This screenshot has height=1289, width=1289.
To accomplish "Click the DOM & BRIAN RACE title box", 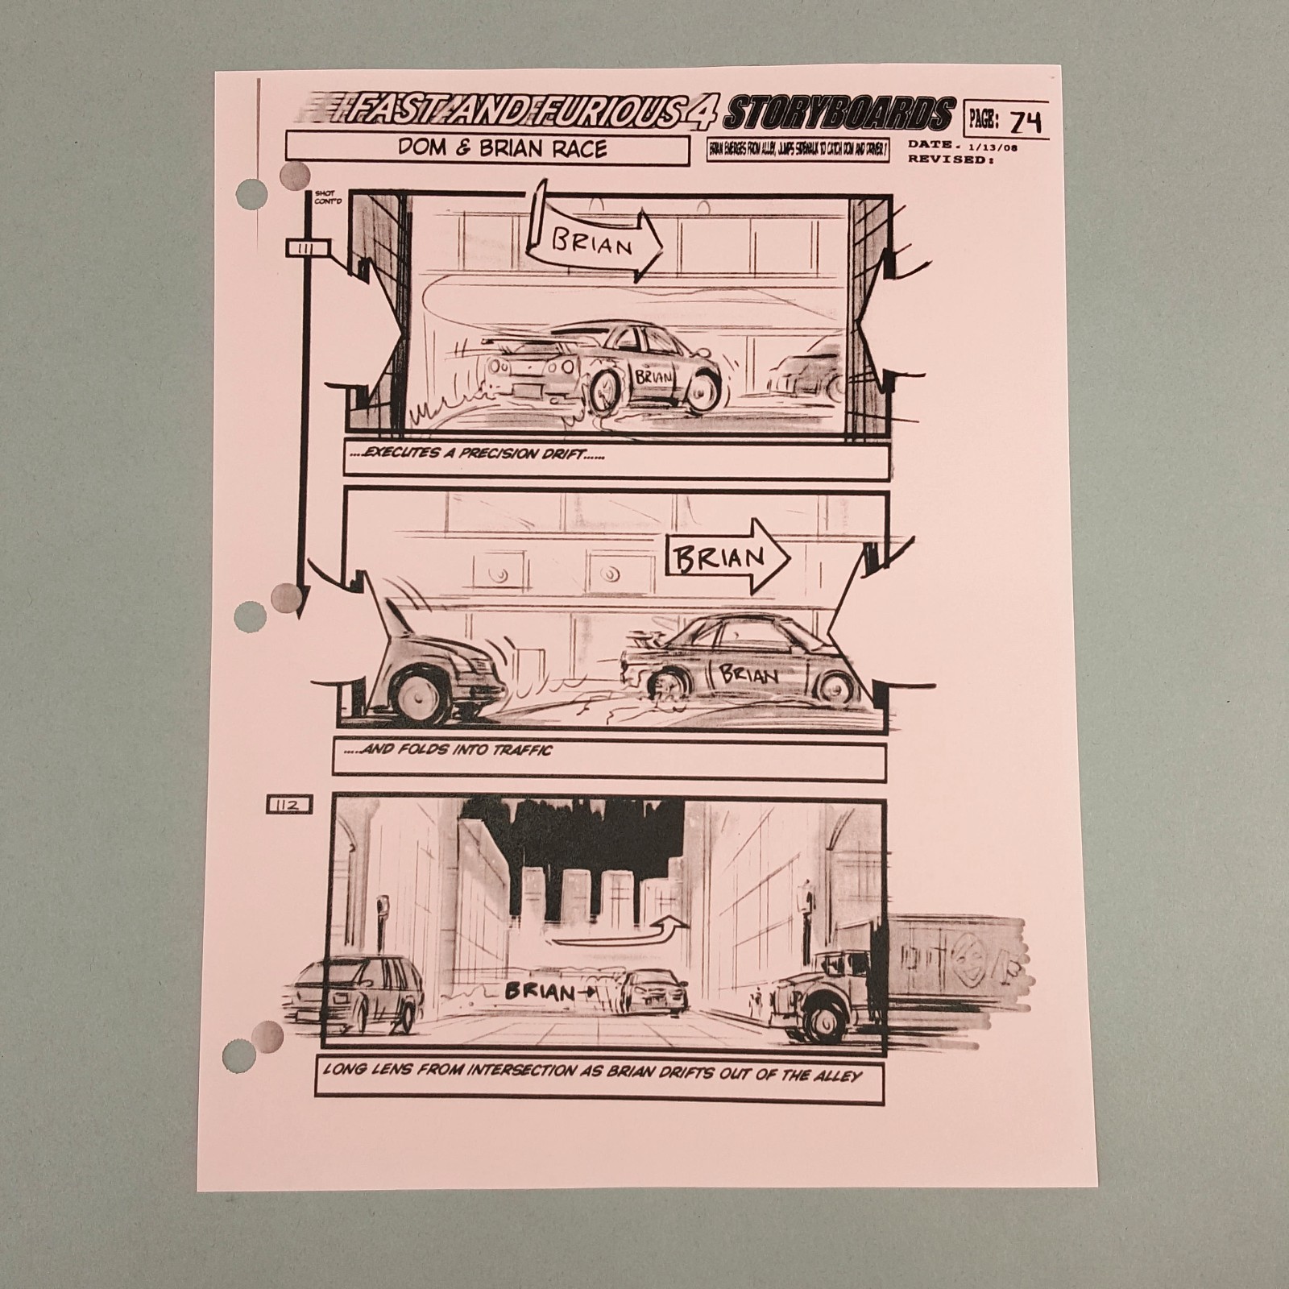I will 487,149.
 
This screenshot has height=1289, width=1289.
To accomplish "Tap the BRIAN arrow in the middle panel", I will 725,557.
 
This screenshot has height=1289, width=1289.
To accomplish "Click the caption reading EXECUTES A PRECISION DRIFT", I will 479,454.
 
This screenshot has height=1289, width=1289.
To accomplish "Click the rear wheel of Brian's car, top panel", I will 605,389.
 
